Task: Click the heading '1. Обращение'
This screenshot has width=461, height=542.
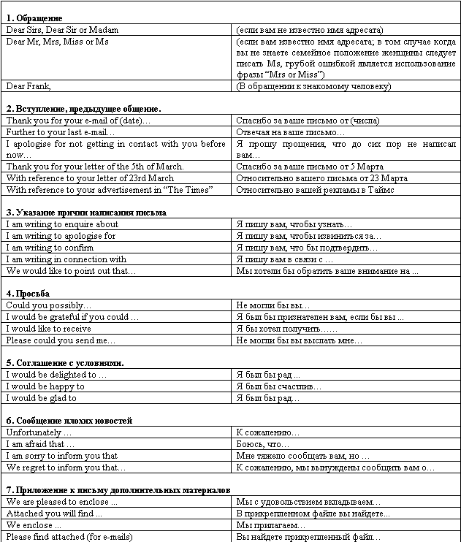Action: (x=34, y=17)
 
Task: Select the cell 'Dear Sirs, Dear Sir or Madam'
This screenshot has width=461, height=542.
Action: (x=62, y=30)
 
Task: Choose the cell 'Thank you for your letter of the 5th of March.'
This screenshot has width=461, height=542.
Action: (x=95, y=167)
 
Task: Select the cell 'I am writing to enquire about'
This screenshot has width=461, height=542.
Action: (x=62, y=224)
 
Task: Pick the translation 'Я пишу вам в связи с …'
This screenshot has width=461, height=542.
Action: (x=285, y=259)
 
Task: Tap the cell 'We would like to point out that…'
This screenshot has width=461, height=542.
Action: (x=72, y=271)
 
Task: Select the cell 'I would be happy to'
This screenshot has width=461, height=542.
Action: (x=45, y=386)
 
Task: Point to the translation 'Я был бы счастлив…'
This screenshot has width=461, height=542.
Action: (x=278, y=386)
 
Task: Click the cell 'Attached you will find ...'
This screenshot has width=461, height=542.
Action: (x=54, y=514)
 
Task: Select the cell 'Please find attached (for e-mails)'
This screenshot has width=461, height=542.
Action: (x=69, y=537)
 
